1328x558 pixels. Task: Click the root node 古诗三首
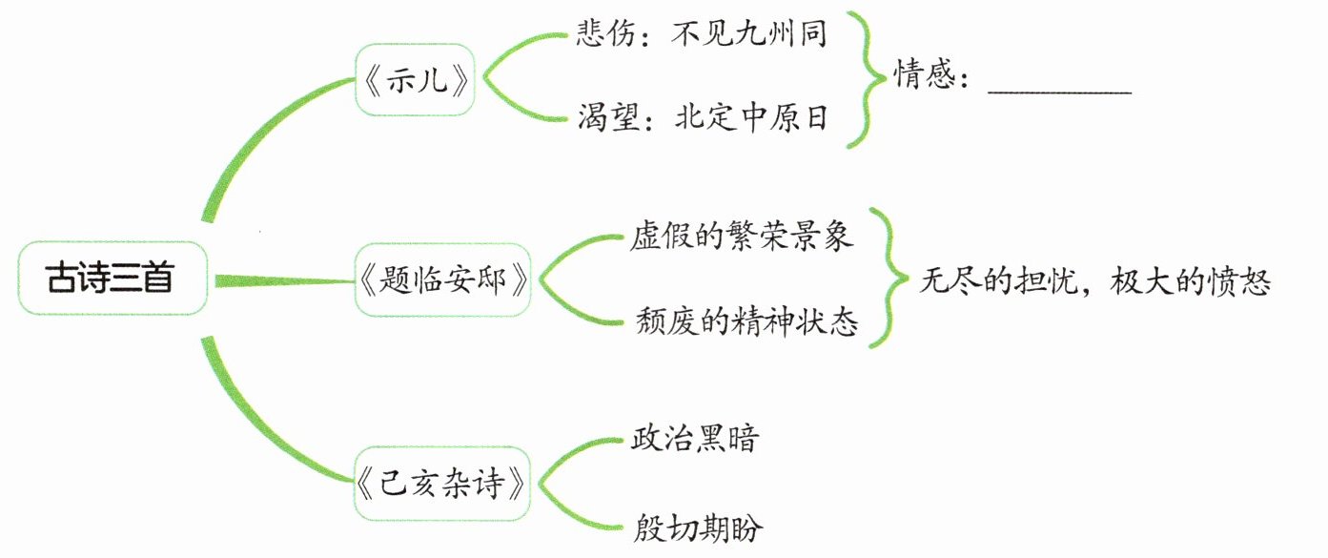[x=112, y=279]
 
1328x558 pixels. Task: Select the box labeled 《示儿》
[x=415, y=81]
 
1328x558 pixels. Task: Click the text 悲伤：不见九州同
[x=702, y=34]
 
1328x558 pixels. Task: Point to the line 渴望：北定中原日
[x=702, y=119]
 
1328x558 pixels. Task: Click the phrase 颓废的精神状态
[x=746, y=322]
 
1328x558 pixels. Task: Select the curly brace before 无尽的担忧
[x=894, y=279]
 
